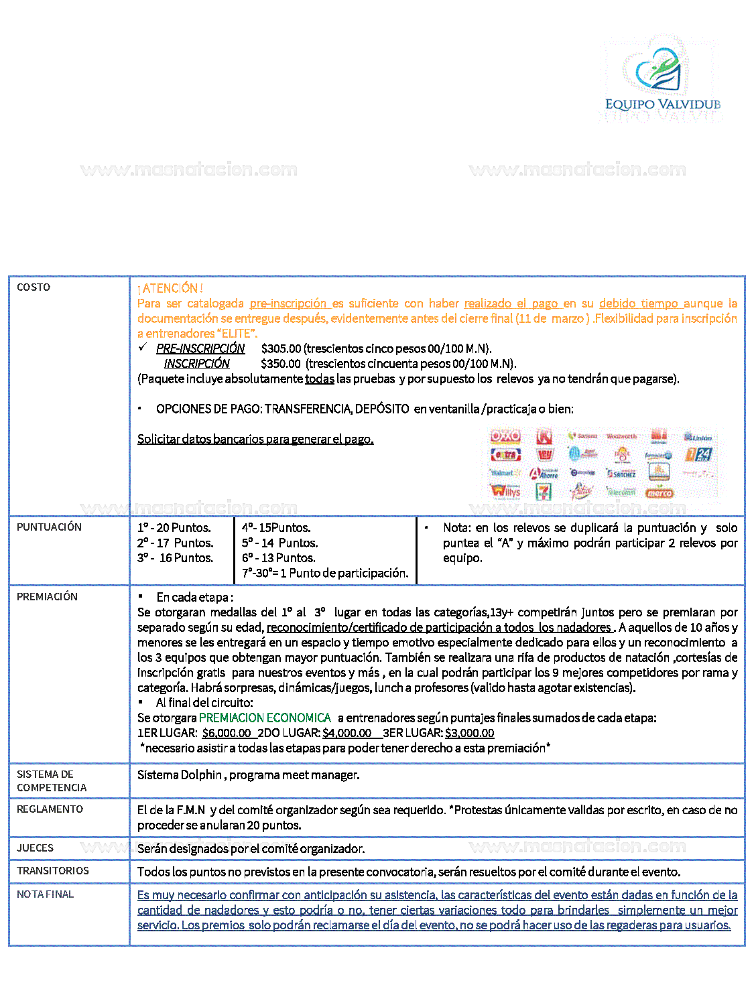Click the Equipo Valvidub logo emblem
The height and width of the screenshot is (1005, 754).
click(x=658, y=70)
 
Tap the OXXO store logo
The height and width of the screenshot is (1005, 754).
click(x=505, y=436)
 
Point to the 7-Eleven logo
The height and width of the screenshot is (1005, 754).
click(x=544, y=492)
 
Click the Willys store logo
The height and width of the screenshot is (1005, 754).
click(x=505, y=492)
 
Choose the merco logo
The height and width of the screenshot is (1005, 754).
click(x=659, y=493)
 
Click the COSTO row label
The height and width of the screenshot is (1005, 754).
click(x=34, y=287)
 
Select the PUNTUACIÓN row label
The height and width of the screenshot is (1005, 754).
click(x=49, y=527)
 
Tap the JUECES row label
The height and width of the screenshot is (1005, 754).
click(x=35, y=848)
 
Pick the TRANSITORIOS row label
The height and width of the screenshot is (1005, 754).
click(x=53, y=871)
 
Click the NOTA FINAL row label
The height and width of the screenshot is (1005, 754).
click(x=45, y=894)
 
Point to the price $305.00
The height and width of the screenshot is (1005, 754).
click(x=281, y=348)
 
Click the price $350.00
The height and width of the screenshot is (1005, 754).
click(x=281, y=364)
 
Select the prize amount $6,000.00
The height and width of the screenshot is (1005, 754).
click(x=227, y=733)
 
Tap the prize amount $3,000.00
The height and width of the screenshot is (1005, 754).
click(x=469, y=733)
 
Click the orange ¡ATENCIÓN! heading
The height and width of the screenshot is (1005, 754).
click(x=170, y=288)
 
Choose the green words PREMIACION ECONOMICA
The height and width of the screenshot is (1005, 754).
click(x=265, y=718)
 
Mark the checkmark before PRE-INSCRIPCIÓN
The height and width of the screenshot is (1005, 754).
click(x=143, y=347)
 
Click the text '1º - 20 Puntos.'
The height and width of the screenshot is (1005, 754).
click(x=174, y=528)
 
